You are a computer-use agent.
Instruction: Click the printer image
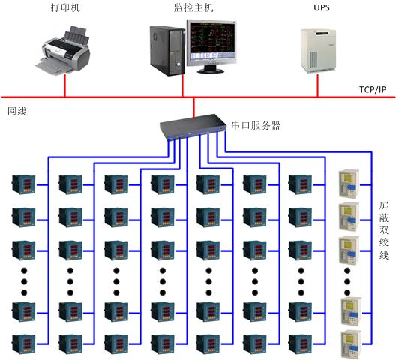63,49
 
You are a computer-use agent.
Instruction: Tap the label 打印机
65,7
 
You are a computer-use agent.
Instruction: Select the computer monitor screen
211,43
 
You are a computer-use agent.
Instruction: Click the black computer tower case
167,50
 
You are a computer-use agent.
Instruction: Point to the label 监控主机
193,7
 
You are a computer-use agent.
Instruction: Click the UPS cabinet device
318,51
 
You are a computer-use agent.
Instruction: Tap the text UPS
322,7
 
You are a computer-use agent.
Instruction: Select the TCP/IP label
373,89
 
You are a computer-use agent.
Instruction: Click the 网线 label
17,111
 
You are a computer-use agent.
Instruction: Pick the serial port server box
193,126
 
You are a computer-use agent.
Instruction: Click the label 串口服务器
256,125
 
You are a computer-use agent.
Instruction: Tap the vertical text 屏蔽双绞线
384,230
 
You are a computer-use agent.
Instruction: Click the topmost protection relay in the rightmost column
349,184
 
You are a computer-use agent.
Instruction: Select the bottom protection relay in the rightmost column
351,344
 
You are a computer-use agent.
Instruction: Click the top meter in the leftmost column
24,184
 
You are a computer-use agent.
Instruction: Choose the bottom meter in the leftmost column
24,343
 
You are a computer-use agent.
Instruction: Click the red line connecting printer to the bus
65,85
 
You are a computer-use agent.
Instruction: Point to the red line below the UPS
318,85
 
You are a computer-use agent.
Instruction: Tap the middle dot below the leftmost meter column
24,281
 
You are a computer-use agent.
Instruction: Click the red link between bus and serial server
194,108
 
